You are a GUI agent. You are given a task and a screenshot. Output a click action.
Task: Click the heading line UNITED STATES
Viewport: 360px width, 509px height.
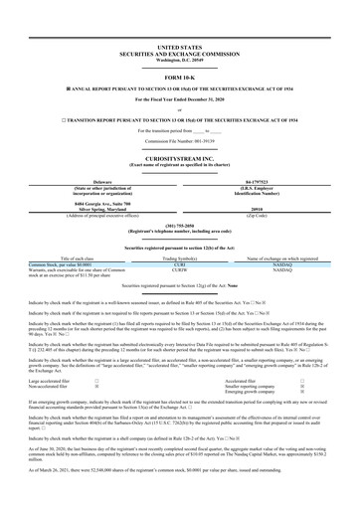click(x=179, y=47)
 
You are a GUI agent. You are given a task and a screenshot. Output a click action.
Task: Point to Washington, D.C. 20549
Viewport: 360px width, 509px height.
click(x=179, y=59)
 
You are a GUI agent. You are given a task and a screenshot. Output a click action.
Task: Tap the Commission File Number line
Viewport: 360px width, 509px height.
click(x=179, y=142)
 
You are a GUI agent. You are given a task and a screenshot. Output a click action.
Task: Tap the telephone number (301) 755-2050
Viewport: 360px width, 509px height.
click(x=179, y=224)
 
